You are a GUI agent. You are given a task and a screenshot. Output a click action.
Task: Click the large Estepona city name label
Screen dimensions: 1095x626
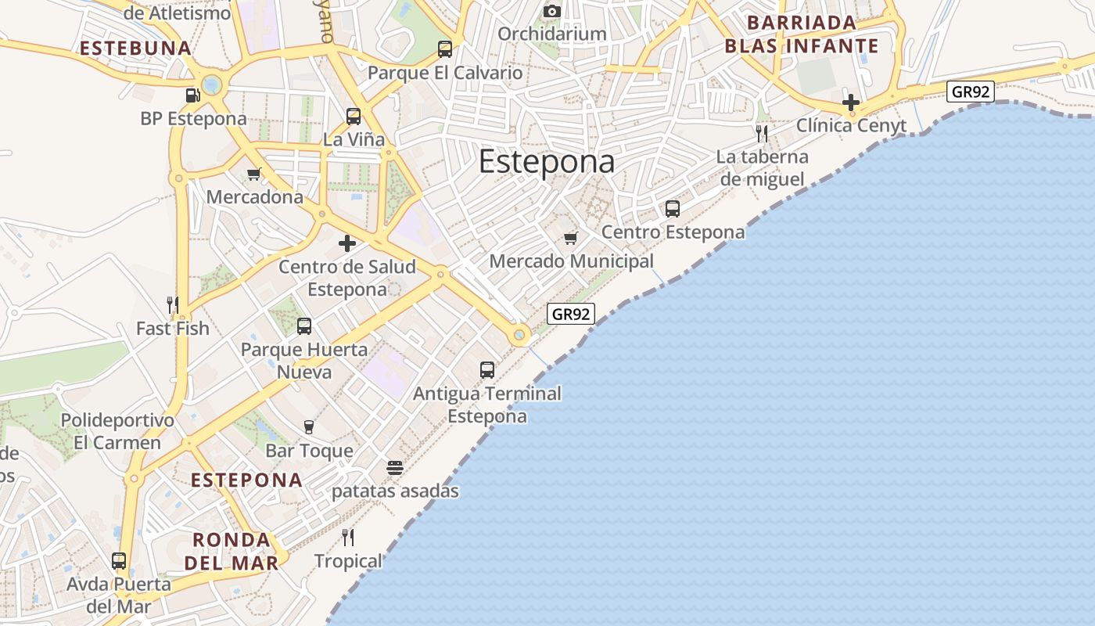pyautogui.click(x=546, y=162)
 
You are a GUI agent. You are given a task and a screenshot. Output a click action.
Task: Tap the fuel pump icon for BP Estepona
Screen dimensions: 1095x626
pyautogui.click(x=192, y=95)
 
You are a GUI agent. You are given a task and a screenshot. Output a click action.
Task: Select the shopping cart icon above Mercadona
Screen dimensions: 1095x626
pyautogui.click(x=253, y=174)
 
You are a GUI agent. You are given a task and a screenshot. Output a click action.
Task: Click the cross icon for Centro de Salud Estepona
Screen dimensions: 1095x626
pyautogui.click(x=347, y=243)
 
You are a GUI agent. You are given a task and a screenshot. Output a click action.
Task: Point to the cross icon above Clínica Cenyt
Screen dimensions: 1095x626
pyautogui.click(x=851, y=103)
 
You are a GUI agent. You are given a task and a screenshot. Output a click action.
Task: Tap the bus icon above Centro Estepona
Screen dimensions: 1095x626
pyautogui.click(x=673, y=209)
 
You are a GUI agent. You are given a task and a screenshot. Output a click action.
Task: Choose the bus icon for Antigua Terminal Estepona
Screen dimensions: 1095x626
pyautogui.click(x=487, y=370)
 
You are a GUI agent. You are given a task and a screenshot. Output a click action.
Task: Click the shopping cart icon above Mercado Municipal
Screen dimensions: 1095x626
pyautogui.click(x=571, y=238)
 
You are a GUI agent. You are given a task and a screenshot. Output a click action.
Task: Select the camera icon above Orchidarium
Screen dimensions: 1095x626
pyautogui.click(x=552, y=11)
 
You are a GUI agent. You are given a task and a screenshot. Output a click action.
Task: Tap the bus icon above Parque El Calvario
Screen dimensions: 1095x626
pyautogui.click(x=445, y=49)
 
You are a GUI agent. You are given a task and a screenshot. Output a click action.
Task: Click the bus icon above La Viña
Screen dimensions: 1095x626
pyautogui.click(x=354, y=117)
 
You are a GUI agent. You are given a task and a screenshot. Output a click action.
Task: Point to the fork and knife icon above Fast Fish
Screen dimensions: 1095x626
pyautogui.click(x=173, y=304)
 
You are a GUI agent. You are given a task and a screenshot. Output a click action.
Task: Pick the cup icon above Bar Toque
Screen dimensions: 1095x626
pyautogui.click(x=309, y=427)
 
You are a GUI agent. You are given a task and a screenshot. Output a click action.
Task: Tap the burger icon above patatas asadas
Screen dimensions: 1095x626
pyautogui.click(x=395, y=468)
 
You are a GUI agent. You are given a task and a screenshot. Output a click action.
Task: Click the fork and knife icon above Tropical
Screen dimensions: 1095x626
pyautogui.click(x=348, y=538)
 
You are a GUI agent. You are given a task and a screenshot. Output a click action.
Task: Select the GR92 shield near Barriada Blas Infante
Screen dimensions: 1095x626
pyautogui.click(x=970, y=92)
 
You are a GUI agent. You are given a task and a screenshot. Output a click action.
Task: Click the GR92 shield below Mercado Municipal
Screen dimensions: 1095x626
pyautogui.click(x=571, y=315)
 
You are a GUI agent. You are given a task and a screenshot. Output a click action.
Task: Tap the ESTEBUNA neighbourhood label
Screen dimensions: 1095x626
pyautogui.click(x=135, y=48)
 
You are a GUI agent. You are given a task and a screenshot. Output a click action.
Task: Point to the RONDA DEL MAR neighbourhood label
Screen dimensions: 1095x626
pyautogui.click(x=232, y=551)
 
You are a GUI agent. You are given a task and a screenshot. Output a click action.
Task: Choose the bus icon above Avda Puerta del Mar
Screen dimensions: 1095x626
pyautogui.click(x=119, y=561)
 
